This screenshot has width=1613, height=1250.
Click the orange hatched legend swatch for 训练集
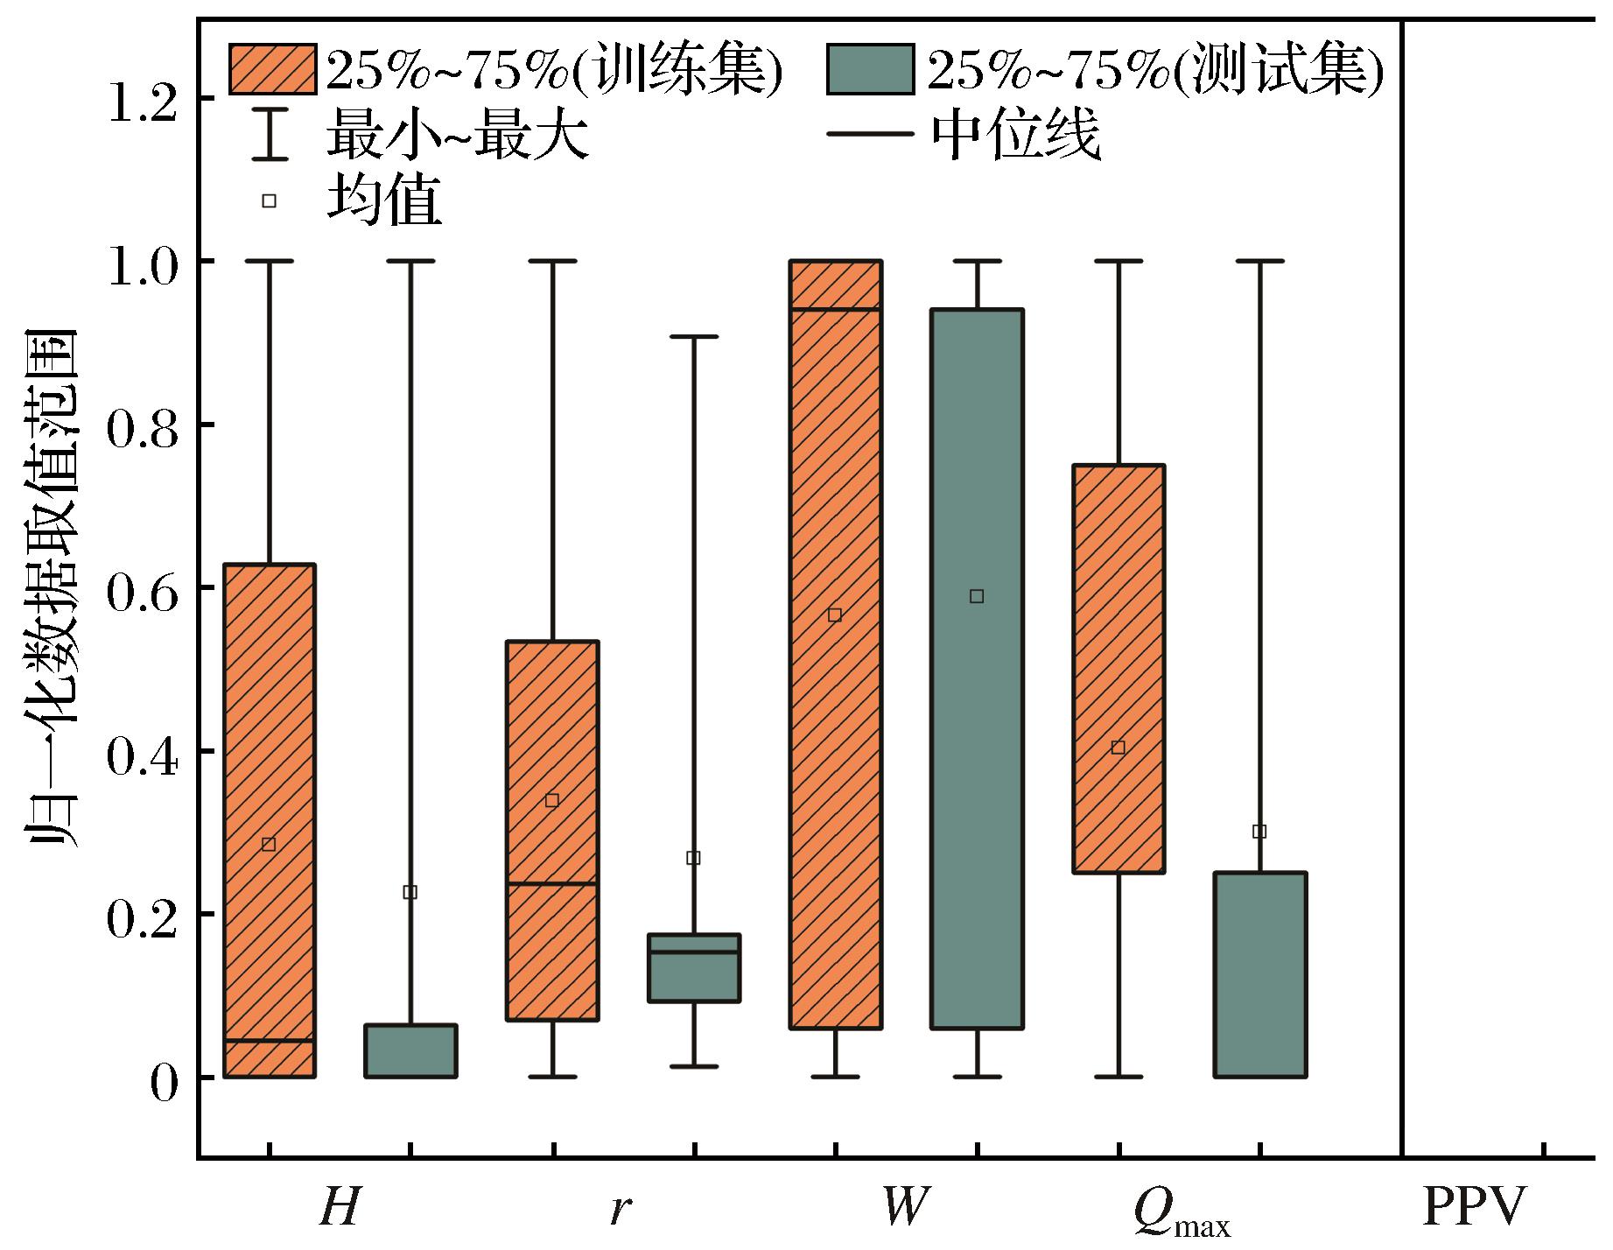pos(272,69)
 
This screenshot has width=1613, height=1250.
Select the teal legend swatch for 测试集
pos(870,69)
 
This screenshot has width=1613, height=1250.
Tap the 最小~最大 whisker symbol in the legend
pos(270,137)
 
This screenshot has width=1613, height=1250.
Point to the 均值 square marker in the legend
pos(270,201)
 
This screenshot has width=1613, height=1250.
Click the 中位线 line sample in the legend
pos(870,136)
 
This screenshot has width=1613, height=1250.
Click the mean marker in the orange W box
pos(835,615)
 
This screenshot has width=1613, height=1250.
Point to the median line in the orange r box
pos(552,884)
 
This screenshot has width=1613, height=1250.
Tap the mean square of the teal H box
pos(410,893)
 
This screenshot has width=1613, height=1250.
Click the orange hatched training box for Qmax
pos(1119,669)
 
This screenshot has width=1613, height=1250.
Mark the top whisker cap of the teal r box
pos(694,337)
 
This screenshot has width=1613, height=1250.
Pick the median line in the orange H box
pos(269,1041)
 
